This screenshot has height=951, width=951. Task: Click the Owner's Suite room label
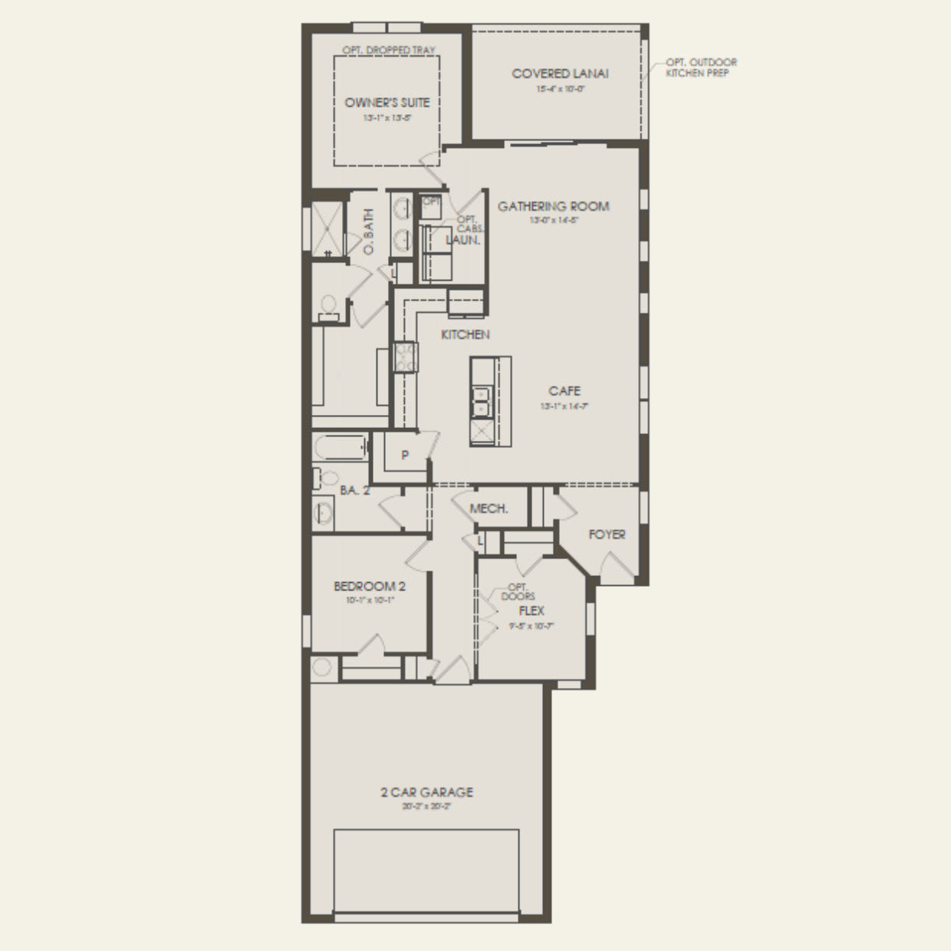coord(387,103)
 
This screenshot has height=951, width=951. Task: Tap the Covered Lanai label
coord(560,74)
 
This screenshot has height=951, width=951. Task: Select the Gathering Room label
coord(553,206)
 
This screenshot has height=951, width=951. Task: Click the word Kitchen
coord(465,334)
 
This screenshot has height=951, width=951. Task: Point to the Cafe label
coord(564,391)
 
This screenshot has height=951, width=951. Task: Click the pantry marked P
coord(405,455)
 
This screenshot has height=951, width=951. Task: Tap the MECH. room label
coord(489,508)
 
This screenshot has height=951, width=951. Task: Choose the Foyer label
coord(607,534)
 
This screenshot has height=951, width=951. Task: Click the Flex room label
coord(531,610)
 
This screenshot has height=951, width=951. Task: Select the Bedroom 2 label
coord(370,586)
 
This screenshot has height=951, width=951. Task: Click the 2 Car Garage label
coord(426,792)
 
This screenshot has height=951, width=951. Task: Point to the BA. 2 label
coord(354,490)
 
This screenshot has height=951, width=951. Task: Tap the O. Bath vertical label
coord(368,232)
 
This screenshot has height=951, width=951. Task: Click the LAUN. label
coord(463,240)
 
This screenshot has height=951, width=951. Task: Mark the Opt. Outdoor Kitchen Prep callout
coord(701,67)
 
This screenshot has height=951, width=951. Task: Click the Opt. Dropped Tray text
coord(388,50)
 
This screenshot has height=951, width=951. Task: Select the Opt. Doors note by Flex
coord(518,591)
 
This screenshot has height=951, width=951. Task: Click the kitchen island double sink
coord(482,402)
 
